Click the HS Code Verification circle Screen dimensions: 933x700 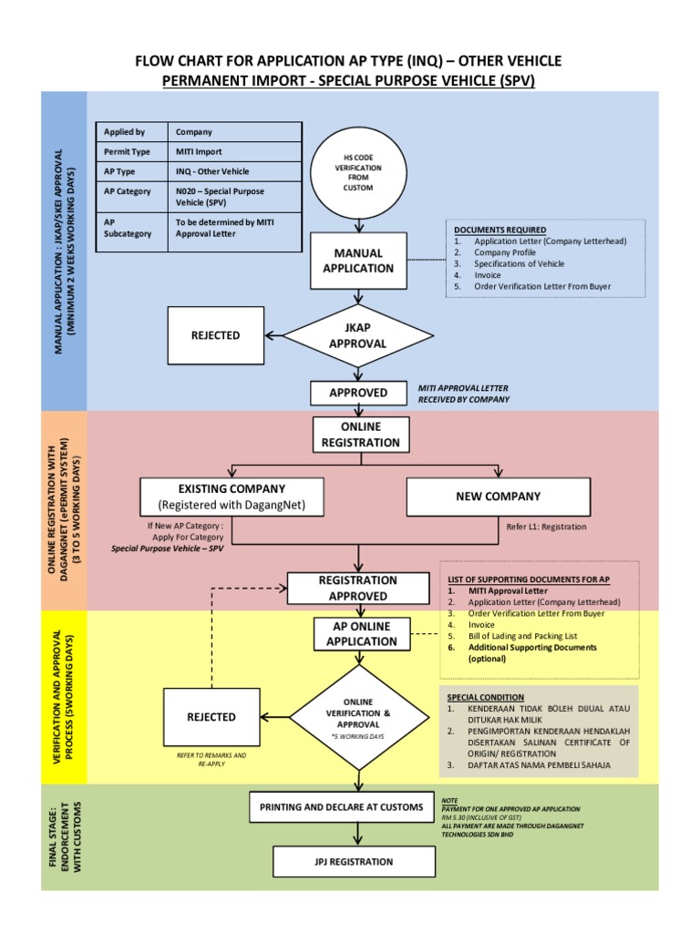tap(357, 172)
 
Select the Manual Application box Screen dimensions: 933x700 tap(358, 261)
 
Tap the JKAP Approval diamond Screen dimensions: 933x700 tap(357, 335)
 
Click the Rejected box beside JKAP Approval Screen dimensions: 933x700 tap(215, 335)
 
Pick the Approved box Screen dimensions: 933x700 tap(358, 393)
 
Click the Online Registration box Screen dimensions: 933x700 tap(358, 435)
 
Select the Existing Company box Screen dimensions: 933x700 tap(232, 497)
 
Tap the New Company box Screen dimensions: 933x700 tap(498, 497)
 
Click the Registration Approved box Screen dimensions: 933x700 tap(358, 588)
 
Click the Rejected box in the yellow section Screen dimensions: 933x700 tap(211, 717)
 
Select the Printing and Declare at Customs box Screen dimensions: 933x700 tap(341, 807)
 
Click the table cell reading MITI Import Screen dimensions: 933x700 tap(199, 152)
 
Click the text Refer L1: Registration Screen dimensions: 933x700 tap(547, 527)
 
